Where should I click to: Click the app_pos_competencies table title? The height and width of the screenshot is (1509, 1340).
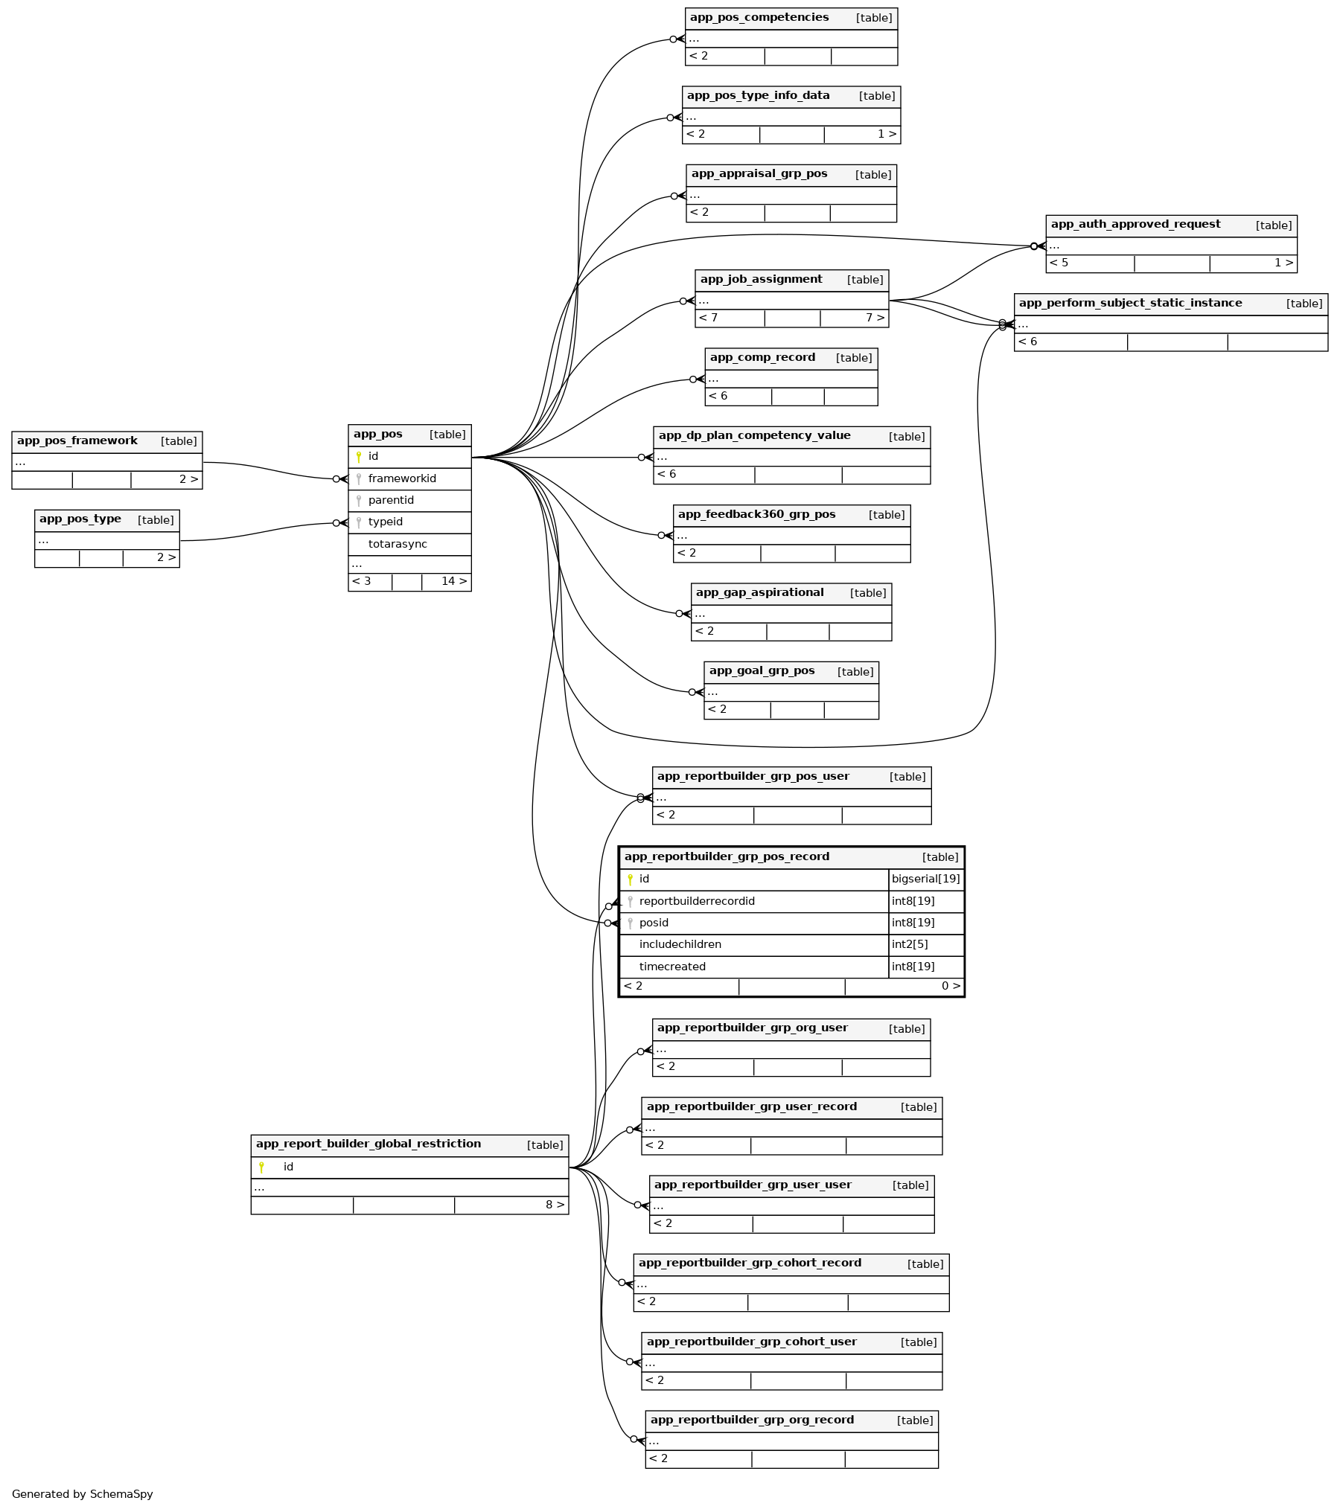pyautogui.click(x=759, y=18)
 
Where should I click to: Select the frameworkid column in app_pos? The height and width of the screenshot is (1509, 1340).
pyautogui.click(x=401, y=478)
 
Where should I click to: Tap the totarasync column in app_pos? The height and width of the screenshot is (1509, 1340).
pyautogui.click(x=397, y=544)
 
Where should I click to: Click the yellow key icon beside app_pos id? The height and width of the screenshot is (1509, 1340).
pyautogui.click(x=359, y=457)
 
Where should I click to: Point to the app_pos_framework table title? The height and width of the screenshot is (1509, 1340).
pyautogui.click(x=77, y=441)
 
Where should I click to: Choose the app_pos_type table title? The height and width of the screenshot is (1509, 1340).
pyautogui.click(x=80, y=519)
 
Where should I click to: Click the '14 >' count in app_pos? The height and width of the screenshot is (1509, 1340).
pyautogui.click(x=453, y=581)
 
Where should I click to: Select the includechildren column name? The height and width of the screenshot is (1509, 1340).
pyautogui.click(x=680, y=944)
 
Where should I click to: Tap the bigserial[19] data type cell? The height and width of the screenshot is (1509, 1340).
pyautogui.click(x=925, y=879)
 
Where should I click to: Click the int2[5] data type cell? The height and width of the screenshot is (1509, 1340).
pyautogui.click(x=910, y=944)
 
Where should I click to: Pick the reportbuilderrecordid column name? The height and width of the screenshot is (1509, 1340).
pyautogui.click(x=696, y=901)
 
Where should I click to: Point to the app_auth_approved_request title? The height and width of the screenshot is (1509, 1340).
pyautogui.click(x=1135, y=225)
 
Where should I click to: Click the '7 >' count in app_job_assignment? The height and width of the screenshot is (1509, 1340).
pyautogui.click(x=875, y=318)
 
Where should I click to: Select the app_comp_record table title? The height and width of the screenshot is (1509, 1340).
pyautogui.click(x=762, y=358)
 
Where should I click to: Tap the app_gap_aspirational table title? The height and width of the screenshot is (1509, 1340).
pyautogui.click(x=759, y=593)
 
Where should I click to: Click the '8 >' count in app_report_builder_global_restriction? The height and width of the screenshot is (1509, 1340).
pyautogui.click(x=555, y=1205)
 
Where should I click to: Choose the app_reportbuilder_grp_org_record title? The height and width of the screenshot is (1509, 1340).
pyautogui.click(x=752, y=1420)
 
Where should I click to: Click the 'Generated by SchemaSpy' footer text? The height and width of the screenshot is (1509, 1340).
pyautogui.click(x=82, y=1493)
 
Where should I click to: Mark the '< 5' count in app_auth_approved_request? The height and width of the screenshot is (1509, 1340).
pyautogui.click(x=1059, y=263)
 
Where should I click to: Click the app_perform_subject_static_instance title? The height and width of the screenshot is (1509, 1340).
pyautogui.click(x=1130, y=303)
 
